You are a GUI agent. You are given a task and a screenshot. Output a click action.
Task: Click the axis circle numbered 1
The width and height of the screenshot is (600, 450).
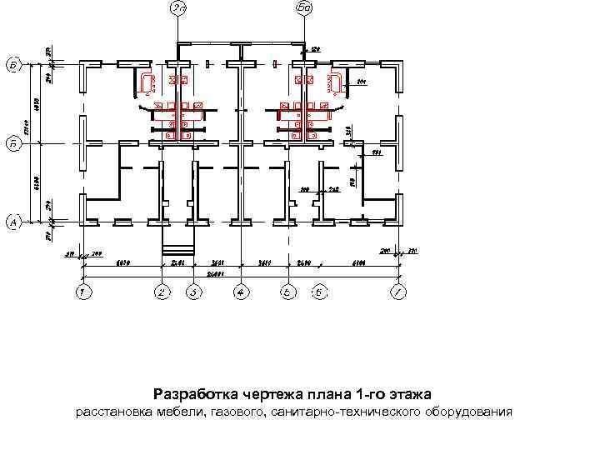pyautogui.click(x=82, y=292)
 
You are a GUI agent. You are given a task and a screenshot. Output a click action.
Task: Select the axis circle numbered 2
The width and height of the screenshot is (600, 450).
pyautogui.click(x=162, y=292)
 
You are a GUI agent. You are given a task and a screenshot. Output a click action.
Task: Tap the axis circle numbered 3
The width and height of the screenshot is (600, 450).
pyautogui.click(x=193, y=292)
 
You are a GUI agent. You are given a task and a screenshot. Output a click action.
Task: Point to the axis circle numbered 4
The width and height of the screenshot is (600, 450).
pyautogui.click(x=241, y=292)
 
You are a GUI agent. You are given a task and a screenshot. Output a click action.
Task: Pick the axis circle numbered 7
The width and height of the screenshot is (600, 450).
pyautogui.click(x=400, y=292)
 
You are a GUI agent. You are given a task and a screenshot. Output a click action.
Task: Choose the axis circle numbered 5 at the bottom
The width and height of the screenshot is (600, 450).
pyautogui.click(x=287, y=292)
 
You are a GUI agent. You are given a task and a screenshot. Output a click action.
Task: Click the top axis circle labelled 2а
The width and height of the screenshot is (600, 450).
pyautogui.click(x=177, y=8)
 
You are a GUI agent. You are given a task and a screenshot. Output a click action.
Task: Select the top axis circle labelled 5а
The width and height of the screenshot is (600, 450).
pyautogui.click(x=304, y=8)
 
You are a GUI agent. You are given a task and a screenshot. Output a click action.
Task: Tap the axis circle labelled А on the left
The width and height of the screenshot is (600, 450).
pyautogui.click(x=13, y=222)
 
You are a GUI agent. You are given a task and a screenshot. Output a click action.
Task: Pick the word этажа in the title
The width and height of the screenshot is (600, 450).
pyautogui.click(x=414, y=393)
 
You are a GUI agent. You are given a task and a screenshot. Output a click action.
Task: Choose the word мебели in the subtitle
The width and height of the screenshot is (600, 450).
pyautogui.click(x=180, y=412)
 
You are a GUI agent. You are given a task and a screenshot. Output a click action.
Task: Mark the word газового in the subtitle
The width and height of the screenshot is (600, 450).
pyautogui.click(x=237, y=412)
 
